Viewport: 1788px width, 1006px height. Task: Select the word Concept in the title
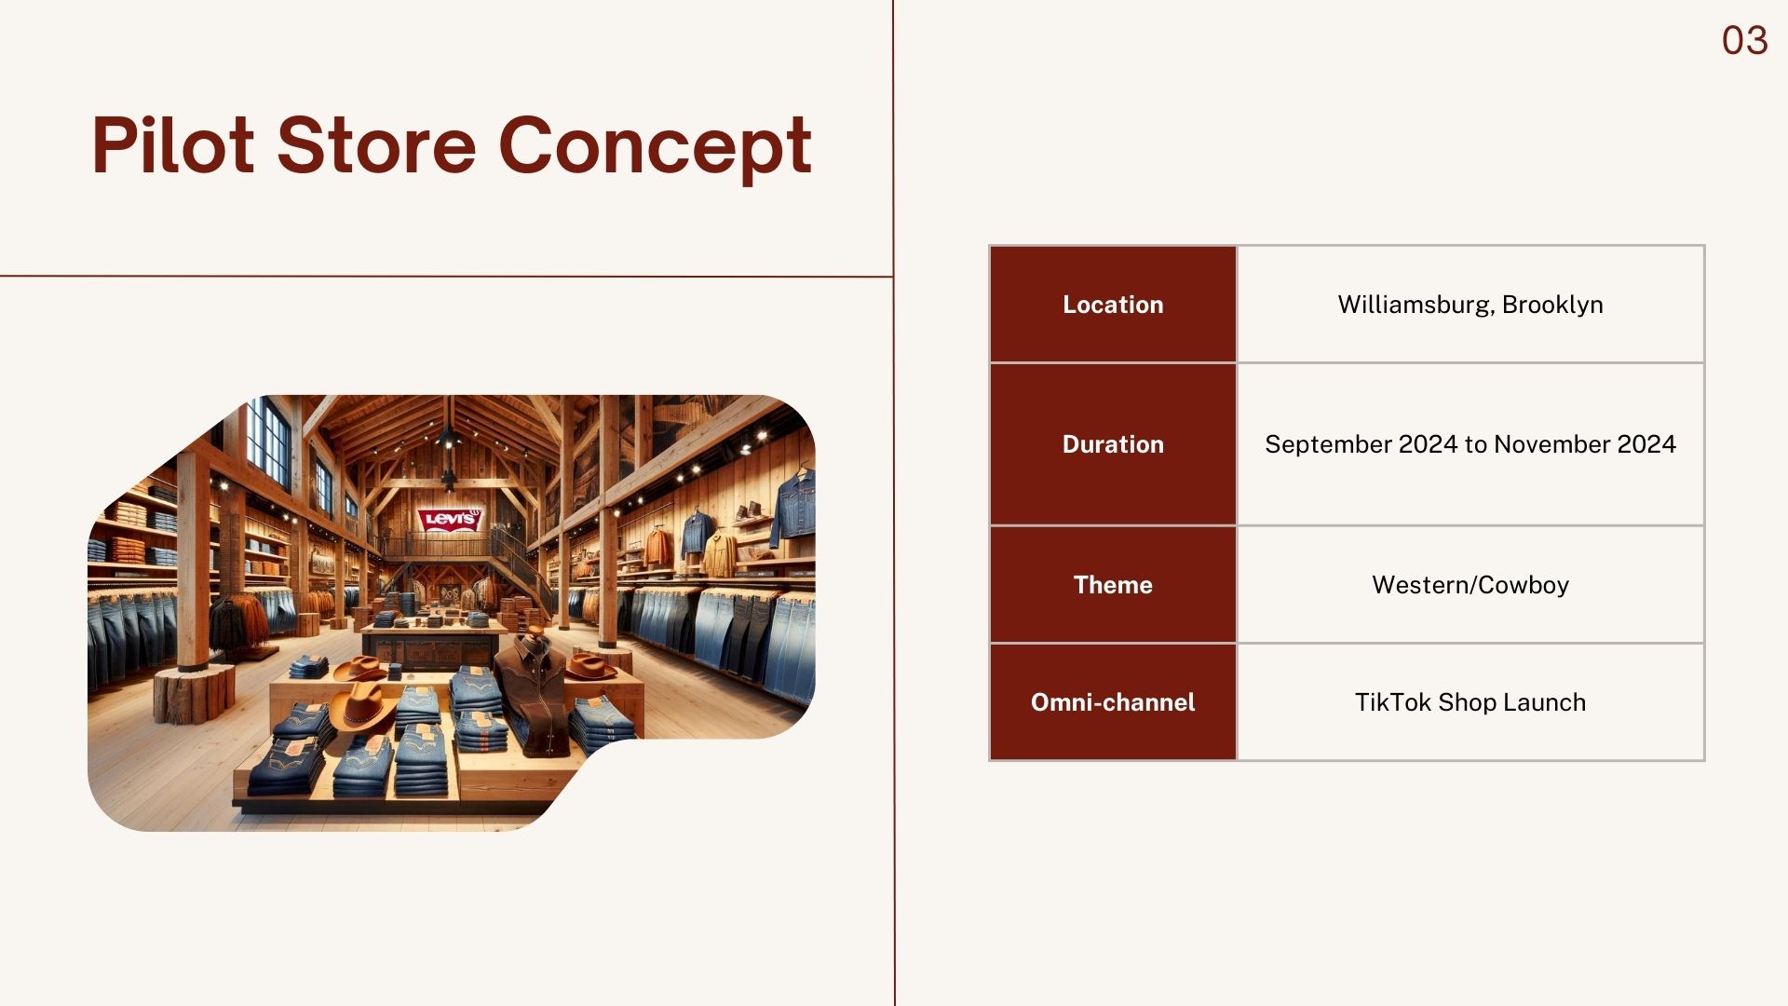(x=656, y=148)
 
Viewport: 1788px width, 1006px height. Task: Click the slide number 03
(x=1744, y=41)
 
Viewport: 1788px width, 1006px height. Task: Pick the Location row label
(x=1113, y=305)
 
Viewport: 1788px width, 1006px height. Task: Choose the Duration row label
(x=1113, y=444)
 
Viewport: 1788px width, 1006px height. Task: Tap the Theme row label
(x=1113, y=585)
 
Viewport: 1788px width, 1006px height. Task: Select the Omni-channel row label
(x=1113, y=702)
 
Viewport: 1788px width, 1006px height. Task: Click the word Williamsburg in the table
(x=1415, y=306)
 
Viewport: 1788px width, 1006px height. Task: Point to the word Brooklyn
(x=1552, y=306)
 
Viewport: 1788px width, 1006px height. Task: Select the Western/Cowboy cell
(x=1470, y=585)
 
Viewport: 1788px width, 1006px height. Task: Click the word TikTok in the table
(x=1393, y=702)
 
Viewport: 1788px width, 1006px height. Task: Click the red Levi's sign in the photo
(x=451, y=518)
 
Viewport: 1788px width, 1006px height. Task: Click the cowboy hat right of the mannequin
(x=589, y=666)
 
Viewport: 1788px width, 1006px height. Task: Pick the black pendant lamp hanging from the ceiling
(x=449, y=438)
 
